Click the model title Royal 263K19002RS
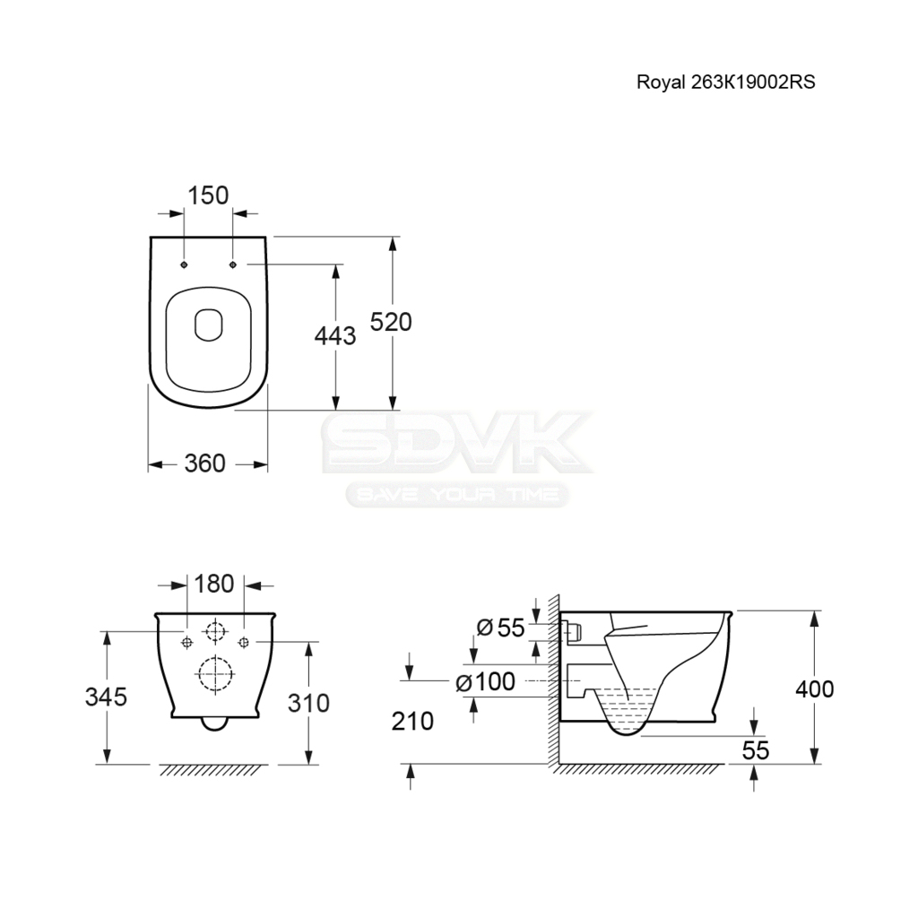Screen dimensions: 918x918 725,82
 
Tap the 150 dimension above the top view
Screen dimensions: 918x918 208,195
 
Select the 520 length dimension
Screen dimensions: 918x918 391,322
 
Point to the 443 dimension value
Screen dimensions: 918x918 335,336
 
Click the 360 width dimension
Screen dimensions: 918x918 205,463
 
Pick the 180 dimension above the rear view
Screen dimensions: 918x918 213,584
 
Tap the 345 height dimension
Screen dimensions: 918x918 106,697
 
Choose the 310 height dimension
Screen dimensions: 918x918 308,703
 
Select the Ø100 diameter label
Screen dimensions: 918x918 485,681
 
